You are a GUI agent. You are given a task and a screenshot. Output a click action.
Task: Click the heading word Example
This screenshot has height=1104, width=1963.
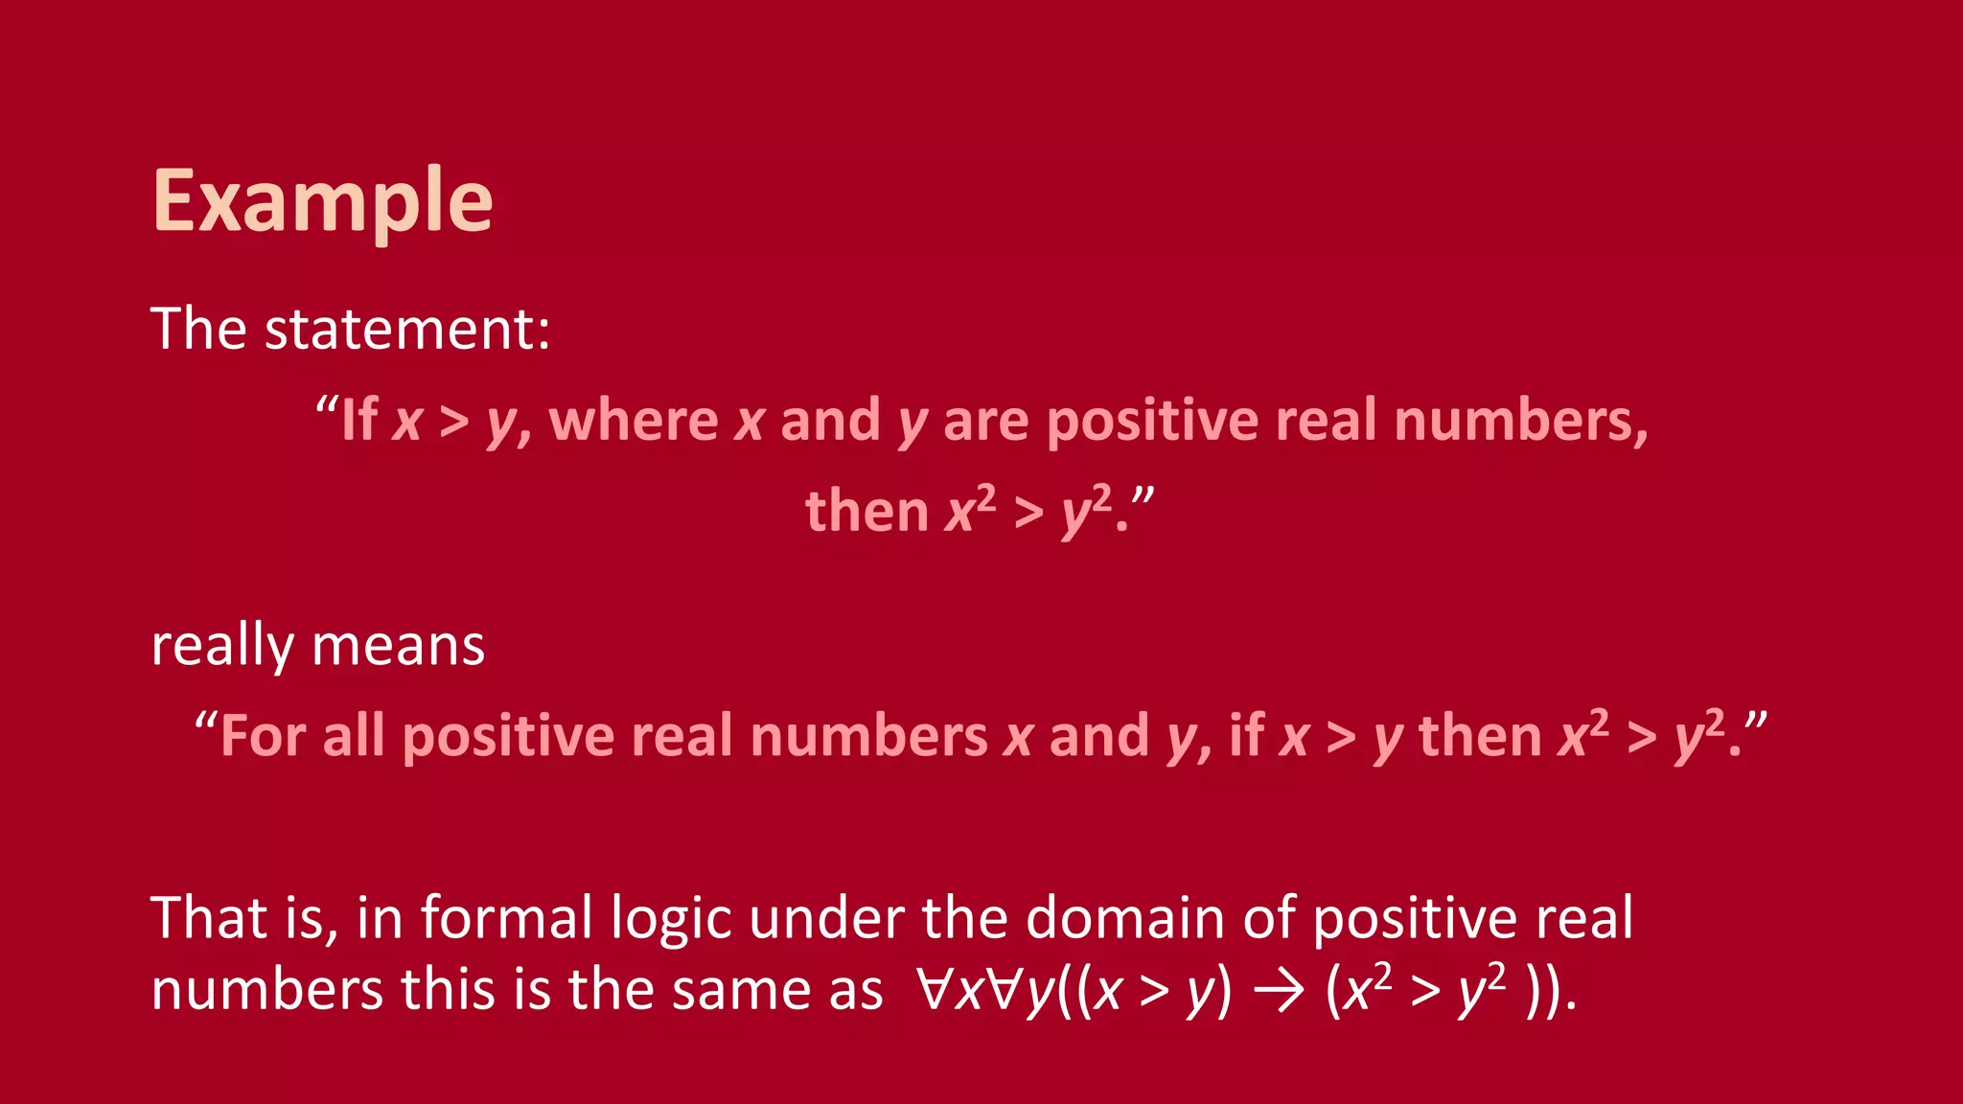[x=322, y=201]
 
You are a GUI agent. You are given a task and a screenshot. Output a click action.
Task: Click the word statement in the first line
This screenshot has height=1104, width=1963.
[x=406, y=329]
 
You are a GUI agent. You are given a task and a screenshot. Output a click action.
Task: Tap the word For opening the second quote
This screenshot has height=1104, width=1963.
[x=263, y=736]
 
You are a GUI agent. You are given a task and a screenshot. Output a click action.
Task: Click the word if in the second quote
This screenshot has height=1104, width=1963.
[x=1247, y=736]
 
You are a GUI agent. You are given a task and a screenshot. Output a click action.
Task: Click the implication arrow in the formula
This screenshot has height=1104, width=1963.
[x=1277, y=991]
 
